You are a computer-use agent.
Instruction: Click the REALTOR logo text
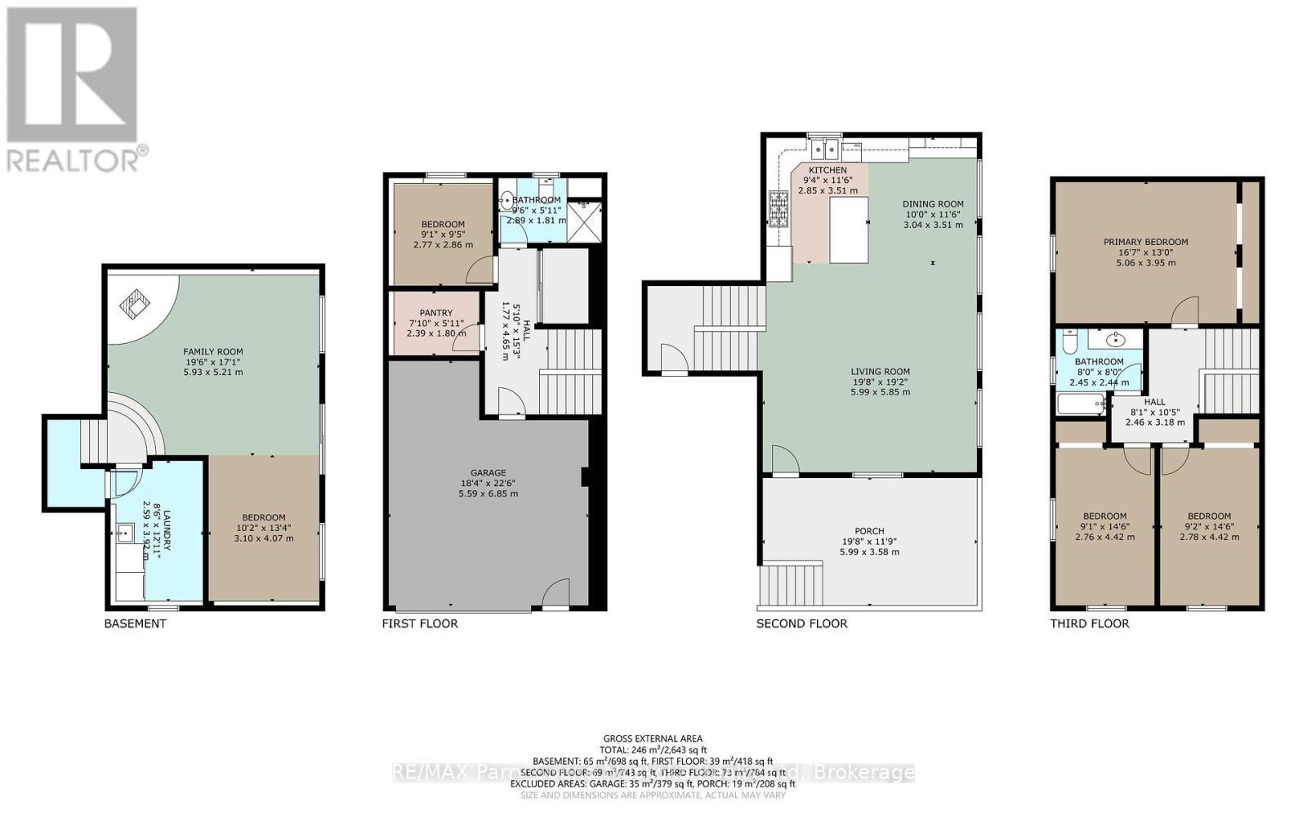click(77, 158)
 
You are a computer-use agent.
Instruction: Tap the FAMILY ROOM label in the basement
click(213, 351)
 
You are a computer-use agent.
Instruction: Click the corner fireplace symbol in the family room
click(136, 306)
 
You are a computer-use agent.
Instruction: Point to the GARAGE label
click(488, 472)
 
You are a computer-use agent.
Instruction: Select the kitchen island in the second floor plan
click(849, 230)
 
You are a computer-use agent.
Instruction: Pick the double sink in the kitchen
click(824, 149)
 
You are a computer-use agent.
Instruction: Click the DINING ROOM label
click(933, 203)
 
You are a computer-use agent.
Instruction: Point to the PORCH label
click(869, 530)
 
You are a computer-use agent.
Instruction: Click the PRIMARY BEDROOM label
click(1145, 242)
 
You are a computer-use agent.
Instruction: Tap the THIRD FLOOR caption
click(1089, 623)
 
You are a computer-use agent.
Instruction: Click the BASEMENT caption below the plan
click(135, 623)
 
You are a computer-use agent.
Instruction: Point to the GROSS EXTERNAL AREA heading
click(653, 739)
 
